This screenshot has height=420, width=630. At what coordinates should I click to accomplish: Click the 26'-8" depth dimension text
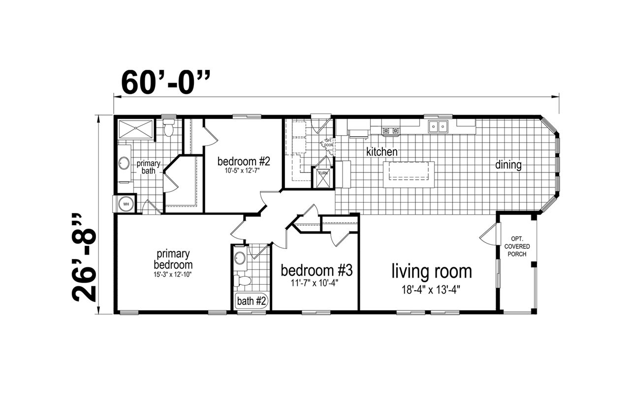point(84,257)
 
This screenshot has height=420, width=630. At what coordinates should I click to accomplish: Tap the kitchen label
point(381,152)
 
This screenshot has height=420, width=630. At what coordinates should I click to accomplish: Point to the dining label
point(508,165)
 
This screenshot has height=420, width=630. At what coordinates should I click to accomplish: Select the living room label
point(432,271)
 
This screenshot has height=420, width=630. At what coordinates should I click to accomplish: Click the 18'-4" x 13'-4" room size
point(431,290)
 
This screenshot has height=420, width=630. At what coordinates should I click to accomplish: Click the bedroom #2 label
point(244,161)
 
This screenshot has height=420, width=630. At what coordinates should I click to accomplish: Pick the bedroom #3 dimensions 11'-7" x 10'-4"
point(315,283)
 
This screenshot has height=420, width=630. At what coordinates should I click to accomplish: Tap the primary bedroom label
point(173,259)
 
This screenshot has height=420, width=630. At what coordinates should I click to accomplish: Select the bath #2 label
point(251,301)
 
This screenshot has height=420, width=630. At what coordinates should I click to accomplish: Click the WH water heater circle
point(126,204)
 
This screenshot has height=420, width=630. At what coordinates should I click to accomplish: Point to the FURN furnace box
point(323,178)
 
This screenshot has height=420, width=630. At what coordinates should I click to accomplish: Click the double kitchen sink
point(438,126)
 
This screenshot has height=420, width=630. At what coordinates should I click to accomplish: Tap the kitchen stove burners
point(391,130)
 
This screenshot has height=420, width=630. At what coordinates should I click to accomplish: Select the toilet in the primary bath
point(169,128)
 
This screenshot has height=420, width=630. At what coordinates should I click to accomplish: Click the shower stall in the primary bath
point(136,129)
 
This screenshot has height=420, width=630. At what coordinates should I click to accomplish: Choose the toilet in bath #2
point(242,280)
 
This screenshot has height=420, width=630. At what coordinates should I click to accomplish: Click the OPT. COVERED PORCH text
point(517,246)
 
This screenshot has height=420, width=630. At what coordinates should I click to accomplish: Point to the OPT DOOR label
point(328,143)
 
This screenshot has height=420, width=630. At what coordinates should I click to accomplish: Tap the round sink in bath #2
point(240,258)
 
